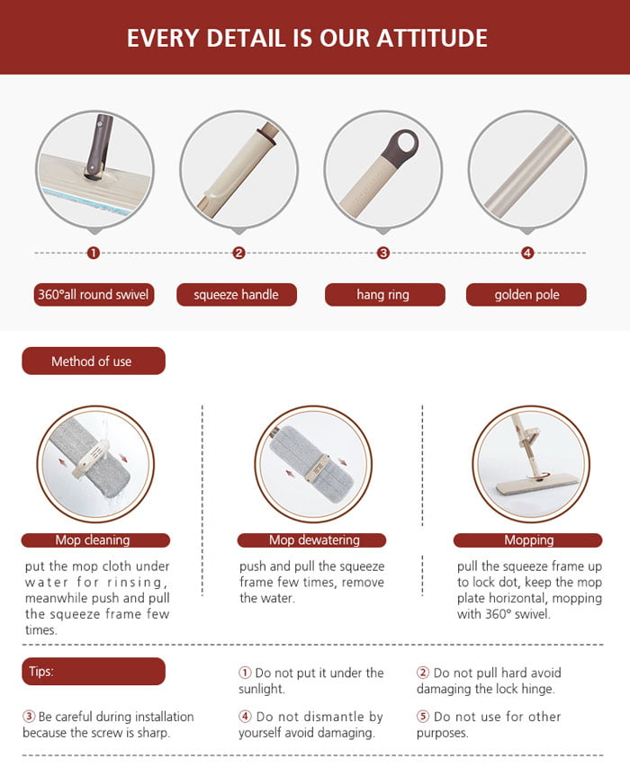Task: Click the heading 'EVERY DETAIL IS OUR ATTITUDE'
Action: tap(307, 38)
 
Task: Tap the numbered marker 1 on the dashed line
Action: tap(93, 253)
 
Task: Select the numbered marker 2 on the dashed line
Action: tap(238, 253)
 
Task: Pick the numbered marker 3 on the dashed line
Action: tap(383, 253)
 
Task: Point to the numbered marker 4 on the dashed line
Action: tap(527, 253)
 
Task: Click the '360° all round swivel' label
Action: tap(94, 295)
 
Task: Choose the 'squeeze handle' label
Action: tap(236, 295)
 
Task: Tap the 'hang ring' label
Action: tap(383, 295)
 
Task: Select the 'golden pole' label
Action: tap(526, 295)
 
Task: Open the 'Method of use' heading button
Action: tap(93, 361)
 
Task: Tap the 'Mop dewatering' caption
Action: tap(314, 540)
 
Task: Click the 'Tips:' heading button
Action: tap(93, 672)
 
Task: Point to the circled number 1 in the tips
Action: tap(244, 673)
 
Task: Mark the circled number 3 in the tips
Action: tap(29, 718)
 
